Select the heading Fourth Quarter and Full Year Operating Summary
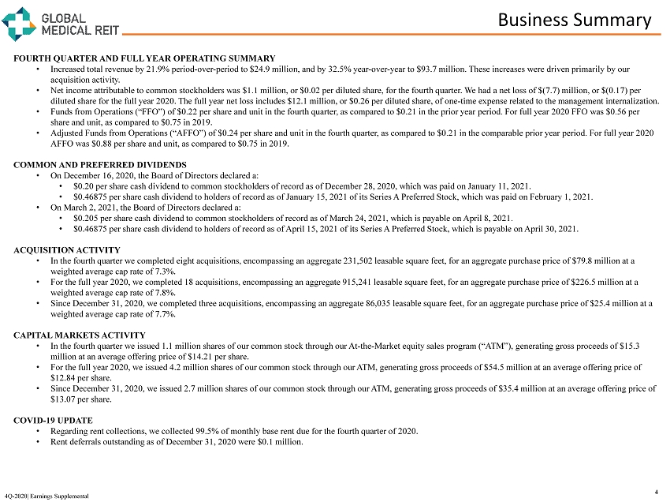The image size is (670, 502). (144, 58)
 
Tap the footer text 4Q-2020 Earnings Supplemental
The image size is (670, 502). (46, 495)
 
